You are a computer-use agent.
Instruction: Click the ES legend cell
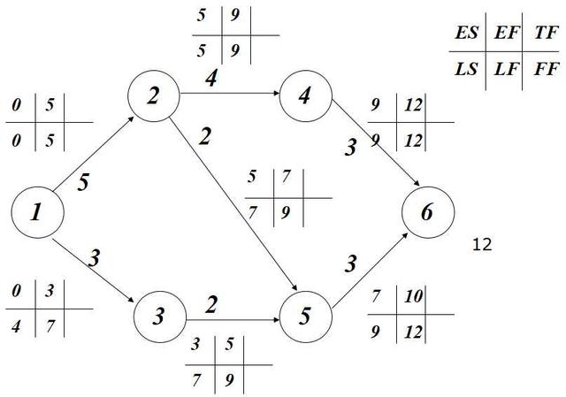click(x=466, y=33)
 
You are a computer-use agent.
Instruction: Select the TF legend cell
click(x=547, y=33)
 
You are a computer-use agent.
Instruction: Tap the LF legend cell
click(x=506, y=69)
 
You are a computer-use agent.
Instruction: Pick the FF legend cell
click(x=547, y=69)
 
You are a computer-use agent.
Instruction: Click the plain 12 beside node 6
click(x=482, y=245)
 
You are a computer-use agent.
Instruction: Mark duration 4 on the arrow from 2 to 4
click(x=211, y=79)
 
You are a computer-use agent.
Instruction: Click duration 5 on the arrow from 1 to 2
click(x=83, y=182)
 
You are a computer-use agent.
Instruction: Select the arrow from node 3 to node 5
click(x=233, y=320)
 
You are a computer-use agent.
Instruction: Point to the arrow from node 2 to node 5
click(x=233, y=203)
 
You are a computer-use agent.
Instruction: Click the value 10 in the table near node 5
click(x=413, y=297)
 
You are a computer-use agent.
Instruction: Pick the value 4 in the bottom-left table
click(x=16, y=326)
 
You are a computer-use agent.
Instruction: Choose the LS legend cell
click(x=466, y=69)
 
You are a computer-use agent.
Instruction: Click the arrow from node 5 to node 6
click(x=370, y=271)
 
